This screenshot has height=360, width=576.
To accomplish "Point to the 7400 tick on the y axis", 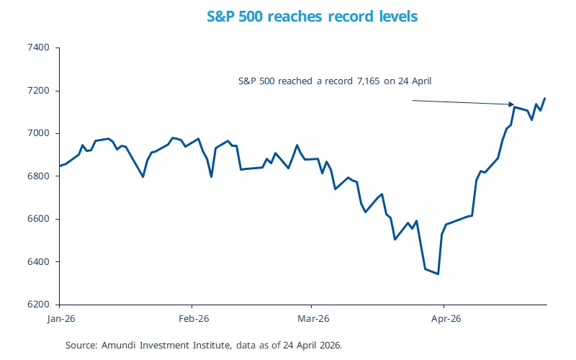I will (38, 48).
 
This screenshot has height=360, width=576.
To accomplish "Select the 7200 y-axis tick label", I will (38, 91).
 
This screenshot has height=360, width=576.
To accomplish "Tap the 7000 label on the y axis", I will (38, 133).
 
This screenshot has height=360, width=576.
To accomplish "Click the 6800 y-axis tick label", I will (38, 176).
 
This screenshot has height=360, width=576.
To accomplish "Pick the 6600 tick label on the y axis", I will (38, 219).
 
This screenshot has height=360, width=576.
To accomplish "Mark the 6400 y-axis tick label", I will (38, 261).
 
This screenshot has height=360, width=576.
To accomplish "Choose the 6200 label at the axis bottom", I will (38, 305).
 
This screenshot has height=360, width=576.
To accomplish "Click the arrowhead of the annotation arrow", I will (512, 105).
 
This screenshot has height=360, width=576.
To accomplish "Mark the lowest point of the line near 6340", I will (438, 274).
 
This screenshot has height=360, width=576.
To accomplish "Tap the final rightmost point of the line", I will (545, 98).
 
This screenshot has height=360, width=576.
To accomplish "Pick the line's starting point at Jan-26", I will (59, 166).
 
